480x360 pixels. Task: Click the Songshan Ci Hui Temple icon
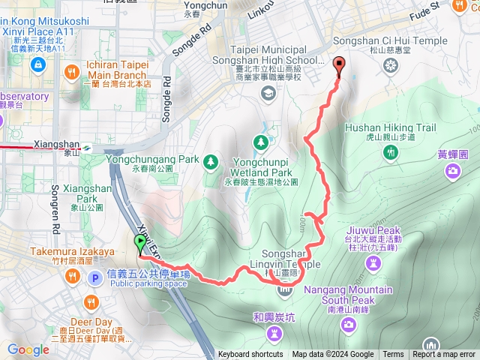tap(389, 64)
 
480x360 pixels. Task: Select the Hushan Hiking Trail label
tap(390, 128)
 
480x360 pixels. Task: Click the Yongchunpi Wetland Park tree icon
tap(260, 141)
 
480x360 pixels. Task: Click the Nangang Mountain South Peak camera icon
tap(348, 324)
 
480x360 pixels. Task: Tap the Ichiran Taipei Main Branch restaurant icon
tap(72, 72)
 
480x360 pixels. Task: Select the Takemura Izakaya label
tap(73, 251)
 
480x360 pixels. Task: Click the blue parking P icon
tap(95, 279)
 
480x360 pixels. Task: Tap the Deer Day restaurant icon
tap(91, 302)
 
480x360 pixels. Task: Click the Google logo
tap(28, 349)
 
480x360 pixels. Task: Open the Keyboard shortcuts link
tap(250, 355)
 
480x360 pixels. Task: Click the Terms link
tap(393, 355)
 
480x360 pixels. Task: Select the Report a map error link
tap(444, 355)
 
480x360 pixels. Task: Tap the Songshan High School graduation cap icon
tap(268, 93)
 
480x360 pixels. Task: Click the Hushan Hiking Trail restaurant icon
tap(390, 153)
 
